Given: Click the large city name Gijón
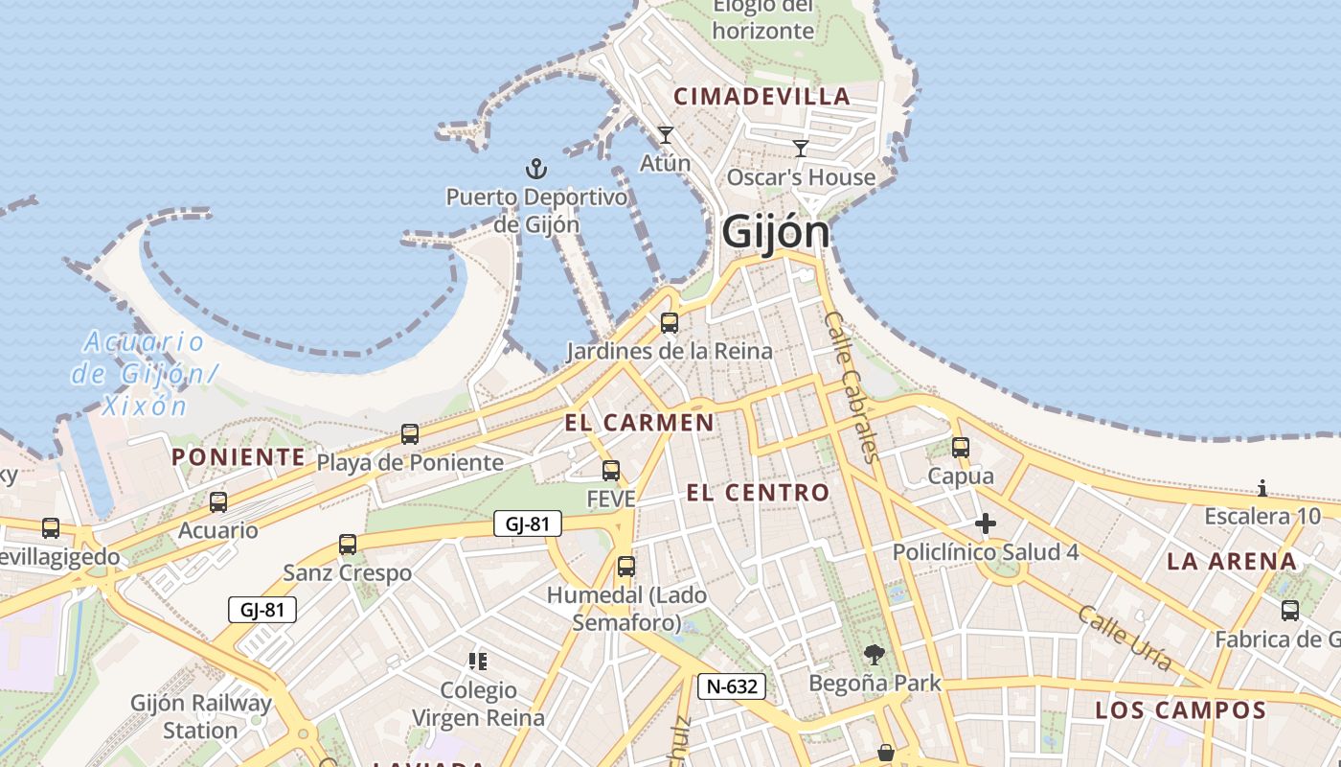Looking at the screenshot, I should [775, 232].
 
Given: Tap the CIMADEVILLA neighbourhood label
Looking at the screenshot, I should [761, 96].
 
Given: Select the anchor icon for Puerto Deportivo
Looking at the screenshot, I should [536, 170].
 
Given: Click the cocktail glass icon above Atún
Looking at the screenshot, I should [666, 135].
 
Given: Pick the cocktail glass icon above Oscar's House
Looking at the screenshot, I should [801, 149].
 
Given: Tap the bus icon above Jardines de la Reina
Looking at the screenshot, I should [670, 323].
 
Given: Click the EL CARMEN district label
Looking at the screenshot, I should [639, 423].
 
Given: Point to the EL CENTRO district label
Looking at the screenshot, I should [758, 493].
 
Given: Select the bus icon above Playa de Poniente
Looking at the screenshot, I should [410, 434].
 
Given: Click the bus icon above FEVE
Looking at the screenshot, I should [611, 471].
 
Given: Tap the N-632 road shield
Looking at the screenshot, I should [732, 686].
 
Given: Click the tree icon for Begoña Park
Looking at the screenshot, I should [874, 655].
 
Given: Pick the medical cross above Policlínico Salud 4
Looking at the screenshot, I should [985, 523].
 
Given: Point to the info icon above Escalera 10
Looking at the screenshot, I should [1262, 489].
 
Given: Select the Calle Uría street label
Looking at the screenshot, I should [1125, 638].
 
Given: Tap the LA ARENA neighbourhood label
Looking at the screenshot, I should [1231, 562].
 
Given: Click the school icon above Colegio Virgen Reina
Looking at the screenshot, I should [478, 662].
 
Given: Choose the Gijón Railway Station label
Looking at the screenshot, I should [200, 716].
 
